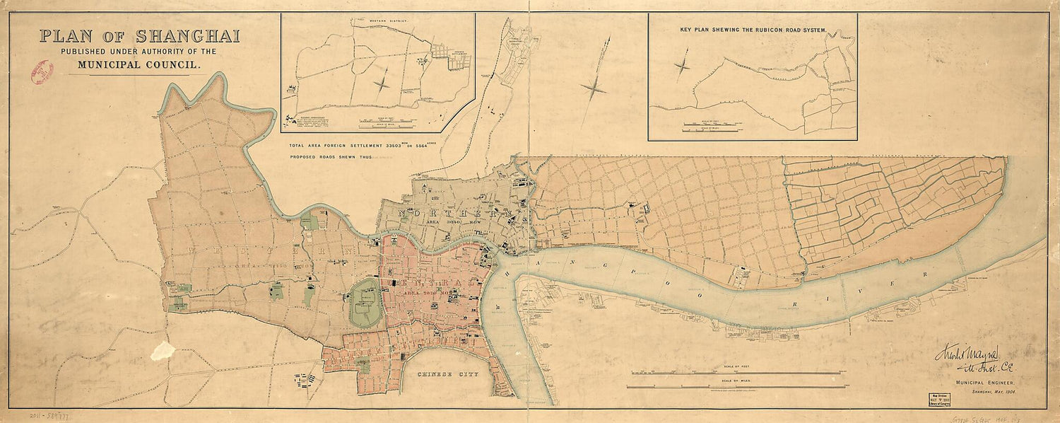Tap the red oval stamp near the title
[x=42, y=73]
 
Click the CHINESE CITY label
[x=447, y=373]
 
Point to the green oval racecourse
[x=367, y=302]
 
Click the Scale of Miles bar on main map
[x=735, y=386]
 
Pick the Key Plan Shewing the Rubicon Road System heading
[x=753, y=31]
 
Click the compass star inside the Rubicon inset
[x=683, y=67]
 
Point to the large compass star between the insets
[x=593, y=88]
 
